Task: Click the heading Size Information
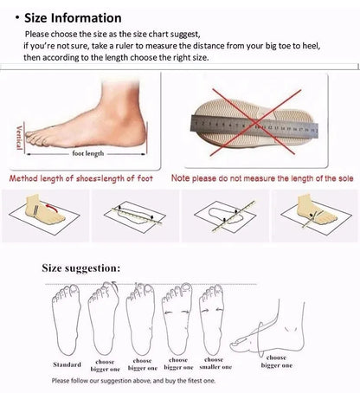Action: pyautogui.click(x=73, y=17)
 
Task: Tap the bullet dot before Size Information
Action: pyautogui.click(x=17, y=17)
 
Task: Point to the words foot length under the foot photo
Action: pyautogui.click(x=87, y=153)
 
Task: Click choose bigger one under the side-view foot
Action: pyautogui.click(x=279, y=359)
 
